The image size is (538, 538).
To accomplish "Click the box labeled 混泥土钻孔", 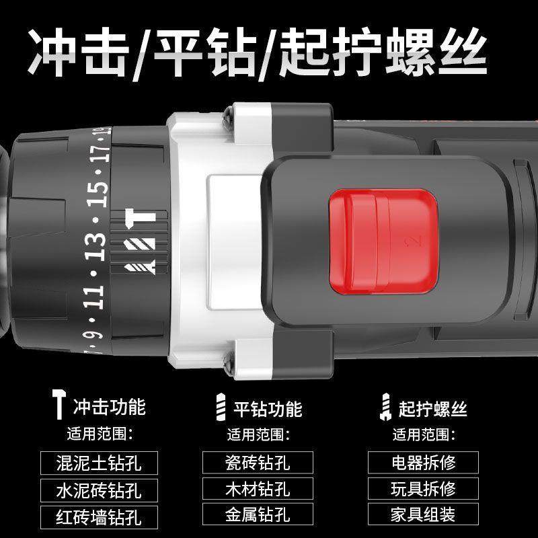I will tap(99, 463).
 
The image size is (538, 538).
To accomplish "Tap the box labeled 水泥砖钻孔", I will tap(99, 490).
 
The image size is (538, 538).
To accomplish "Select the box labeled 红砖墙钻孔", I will tap(99, 516).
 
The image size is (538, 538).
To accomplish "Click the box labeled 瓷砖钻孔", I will tap(257, 462).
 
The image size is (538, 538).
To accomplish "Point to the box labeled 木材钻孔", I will tap(257, 489).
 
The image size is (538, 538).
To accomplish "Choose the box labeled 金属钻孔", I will tap(257, 515).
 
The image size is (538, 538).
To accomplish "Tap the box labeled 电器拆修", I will tap(423, 462).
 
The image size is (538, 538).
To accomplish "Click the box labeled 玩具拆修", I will tap(423, 489).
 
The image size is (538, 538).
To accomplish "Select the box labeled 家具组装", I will tap(423, 515).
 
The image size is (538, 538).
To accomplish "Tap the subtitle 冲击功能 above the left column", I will tap(109, 407).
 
